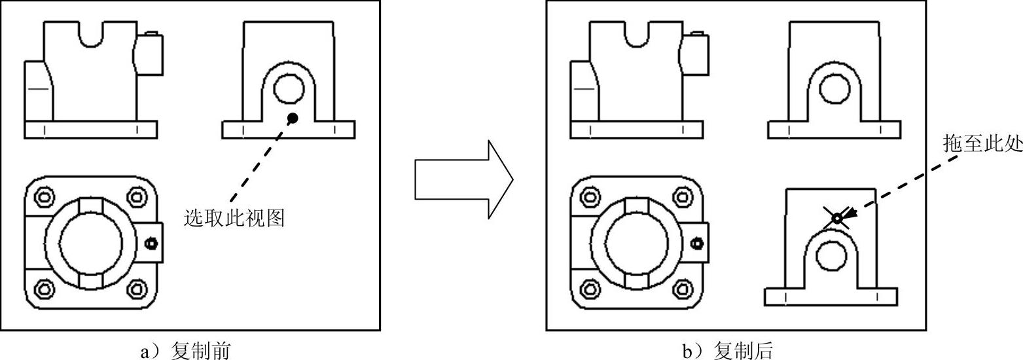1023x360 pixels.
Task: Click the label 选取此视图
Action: (234, 218)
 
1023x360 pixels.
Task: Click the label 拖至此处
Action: (982, 144)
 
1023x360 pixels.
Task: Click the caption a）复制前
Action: (185, 351)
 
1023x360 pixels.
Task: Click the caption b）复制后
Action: (727, 351)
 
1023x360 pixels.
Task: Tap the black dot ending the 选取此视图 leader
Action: (293, 118)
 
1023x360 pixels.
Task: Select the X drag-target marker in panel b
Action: (837, 217)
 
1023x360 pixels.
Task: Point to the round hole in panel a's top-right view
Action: (289, 88)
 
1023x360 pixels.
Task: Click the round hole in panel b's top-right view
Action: (835, 88)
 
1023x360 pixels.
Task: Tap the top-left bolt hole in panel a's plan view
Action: (45, 196)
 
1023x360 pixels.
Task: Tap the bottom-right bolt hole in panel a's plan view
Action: (137, 288)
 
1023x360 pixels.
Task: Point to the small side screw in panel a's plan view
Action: (152, 243)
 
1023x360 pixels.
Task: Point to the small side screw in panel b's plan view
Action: (698, 243)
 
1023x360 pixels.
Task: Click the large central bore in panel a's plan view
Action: (90, 243)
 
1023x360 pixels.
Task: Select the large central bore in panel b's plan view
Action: (636, 243)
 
